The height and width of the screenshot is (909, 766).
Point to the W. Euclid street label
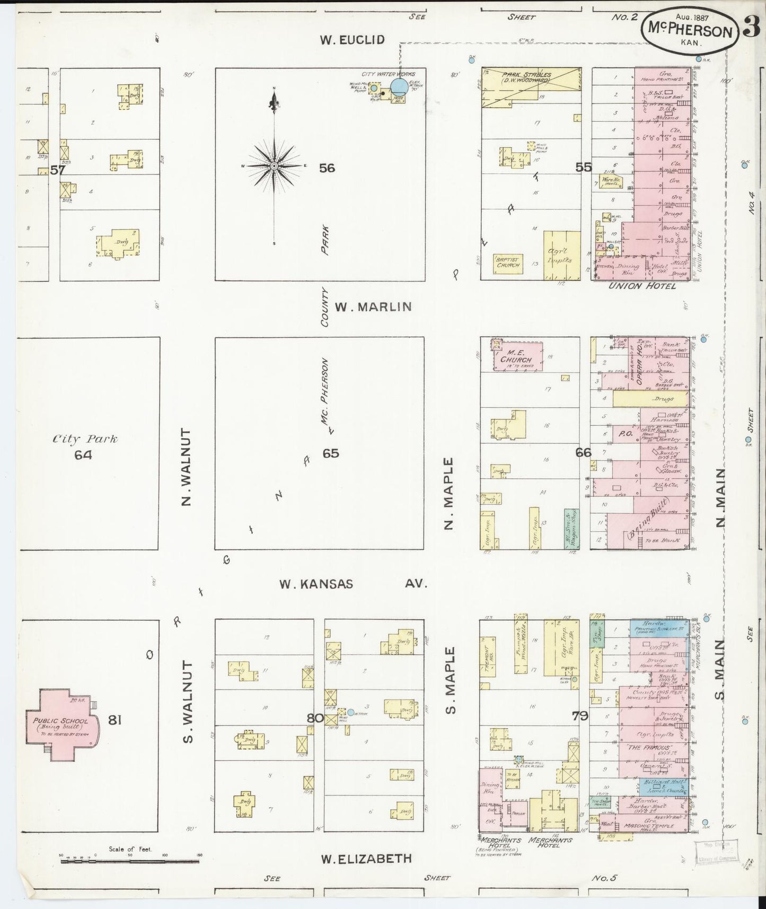352,40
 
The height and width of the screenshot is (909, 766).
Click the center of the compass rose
274,167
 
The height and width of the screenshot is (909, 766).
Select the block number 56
327,168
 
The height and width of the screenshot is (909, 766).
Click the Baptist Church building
508,262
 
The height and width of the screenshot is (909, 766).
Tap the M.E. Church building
518,356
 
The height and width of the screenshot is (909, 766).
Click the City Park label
85,439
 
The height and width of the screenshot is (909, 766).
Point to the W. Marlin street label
374,307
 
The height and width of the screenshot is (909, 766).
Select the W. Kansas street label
316,584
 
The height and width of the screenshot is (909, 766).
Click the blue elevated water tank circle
399,86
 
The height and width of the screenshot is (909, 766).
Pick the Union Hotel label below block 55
642,286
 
